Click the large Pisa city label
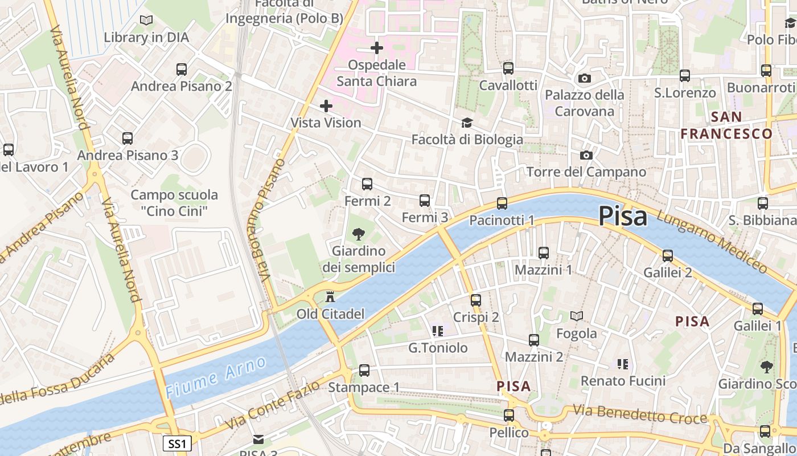623,217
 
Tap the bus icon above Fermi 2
367,184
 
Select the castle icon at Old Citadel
330,297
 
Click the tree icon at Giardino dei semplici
359,233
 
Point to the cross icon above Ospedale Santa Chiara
377,48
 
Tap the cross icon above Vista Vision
326,106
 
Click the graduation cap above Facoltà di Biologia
467,123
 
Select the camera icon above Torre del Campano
586,155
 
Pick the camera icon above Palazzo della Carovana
584,79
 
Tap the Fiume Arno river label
216,377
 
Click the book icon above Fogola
577,316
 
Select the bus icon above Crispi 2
476,300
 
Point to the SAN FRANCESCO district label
727,125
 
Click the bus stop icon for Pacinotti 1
502,203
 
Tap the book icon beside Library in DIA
146,21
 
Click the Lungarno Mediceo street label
712,241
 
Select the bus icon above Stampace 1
364,370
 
